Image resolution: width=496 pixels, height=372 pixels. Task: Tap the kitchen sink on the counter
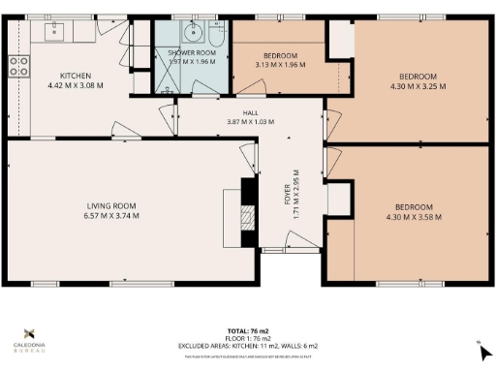[x=54, y=31]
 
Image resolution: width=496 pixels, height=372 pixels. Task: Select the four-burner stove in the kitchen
[x=17, y=66]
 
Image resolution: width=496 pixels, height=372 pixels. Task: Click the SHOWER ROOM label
[x=191, y=52]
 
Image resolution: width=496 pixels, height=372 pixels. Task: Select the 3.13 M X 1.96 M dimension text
[x=279, y=65]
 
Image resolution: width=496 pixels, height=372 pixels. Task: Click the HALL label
[x=251, y=111]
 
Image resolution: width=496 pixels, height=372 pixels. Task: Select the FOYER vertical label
[x=288, y=192]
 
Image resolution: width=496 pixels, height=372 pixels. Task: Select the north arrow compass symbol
[x=477, y=348]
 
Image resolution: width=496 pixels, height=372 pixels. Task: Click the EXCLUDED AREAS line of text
[x=247, y=346]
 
